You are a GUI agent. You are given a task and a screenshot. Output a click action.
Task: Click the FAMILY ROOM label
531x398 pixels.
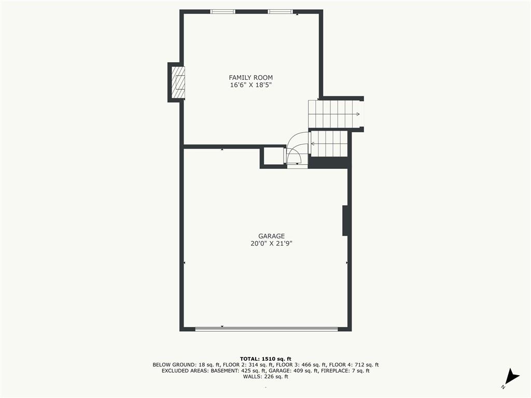coord(250,78)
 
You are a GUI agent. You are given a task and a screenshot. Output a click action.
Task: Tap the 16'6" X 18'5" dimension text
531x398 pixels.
coord(251,85)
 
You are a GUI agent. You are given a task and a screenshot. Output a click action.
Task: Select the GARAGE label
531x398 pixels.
coord(271,236)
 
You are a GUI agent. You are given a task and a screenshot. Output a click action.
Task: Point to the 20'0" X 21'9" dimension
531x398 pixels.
coord(271,244)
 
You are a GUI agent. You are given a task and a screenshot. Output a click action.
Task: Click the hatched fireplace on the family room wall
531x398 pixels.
coord(178,82)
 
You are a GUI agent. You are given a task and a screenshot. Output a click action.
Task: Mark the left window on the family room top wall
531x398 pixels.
coord(222,11)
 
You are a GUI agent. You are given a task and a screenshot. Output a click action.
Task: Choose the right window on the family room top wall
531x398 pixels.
coord(280,11)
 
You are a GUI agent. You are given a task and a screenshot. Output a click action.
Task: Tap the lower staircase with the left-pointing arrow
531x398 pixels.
coord(329,144)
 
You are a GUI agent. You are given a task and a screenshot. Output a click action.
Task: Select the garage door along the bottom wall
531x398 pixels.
coord(267,329)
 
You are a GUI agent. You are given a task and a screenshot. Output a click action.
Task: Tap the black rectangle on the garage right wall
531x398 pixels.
coord(345,220)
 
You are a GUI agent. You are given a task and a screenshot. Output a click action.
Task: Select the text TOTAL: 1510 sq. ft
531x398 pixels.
coord(265,359)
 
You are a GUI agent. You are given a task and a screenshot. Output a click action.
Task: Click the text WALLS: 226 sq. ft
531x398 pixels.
coord(265,376)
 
